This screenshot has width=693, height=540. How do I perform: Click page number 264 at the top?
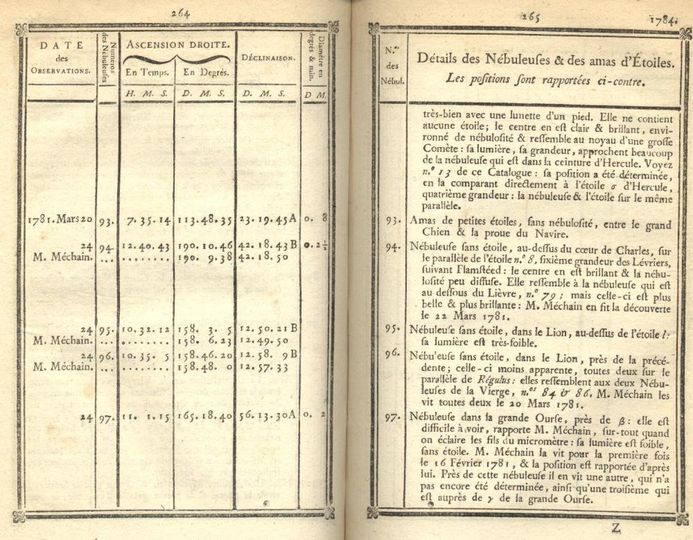[x=179, y=12]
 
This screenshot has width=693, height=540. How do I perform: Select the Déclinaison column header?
[x=268, y=58]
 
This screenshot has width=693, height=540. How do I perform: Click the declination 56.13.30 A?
[x=267, y=417]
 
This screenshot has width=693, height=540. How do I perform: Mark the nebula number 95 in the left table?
[x=105, y=331]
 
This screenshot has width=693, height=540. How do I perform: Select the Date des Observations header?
[x=59, y=58]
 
